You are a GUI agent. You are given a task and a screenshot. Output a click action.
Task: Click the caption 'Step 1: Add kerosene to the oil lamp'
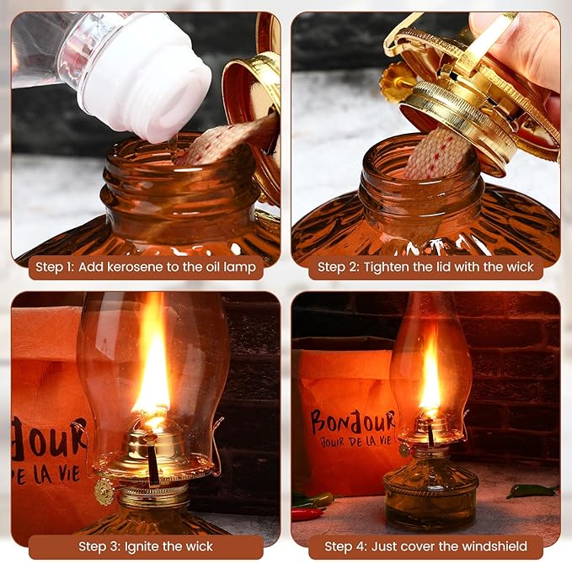tap(146, 268)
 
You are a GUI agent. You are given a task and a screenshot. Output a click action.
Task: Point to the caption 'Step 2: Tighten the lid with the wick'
tap(425, 268)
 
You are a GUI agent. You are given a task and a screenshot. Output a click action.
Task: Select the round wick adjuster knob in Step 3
tap(104, 491)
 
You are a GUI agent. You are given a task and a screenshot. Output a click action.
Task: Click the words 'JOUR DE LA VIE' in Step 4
tap(354, 438)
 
